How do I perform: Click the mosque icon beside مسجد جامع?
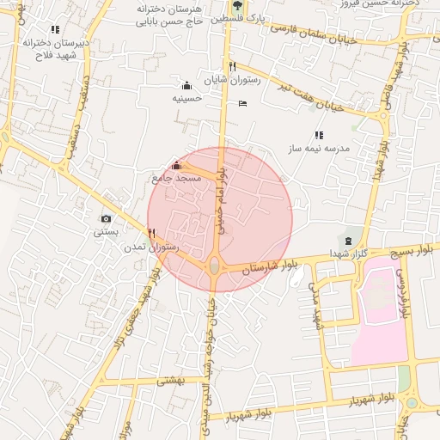tap(177, 165)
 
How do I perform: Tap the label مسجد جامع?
tap(176, 178)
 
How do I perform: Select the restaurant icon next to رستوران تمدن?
tap(151, 233)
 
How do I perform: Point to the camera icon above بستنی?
tap(107, 219)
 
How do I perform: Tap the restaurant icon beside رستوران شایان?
tap(232, 66)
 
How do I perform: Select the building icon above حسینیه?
tap(186, 85)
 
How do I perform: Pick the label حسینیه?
tap(186, 98)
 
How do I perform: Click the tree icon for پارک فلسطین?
tap(237, 6)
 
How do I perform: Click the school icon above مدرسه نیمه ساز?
tap(319, 135)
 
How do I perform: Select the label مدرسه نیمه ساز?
tap(319, 149)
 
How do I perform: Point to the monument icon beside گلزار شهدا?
tap(348, 240)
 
